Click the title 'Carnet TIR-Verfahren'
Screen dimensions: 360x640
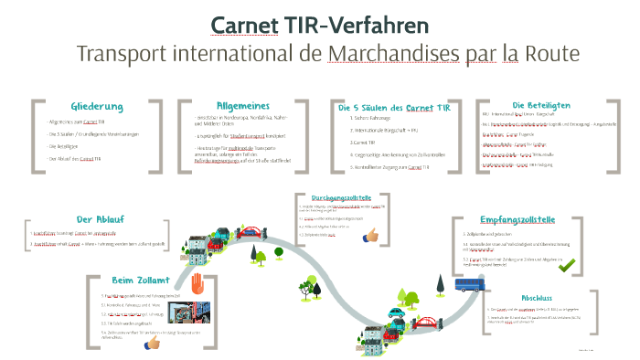[319, 25]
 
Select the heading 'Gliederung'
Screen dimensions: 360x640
[96, 107]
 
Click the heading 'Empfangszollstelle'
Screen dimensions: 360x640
[517, 220]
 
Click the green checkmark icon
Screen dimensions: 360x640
[567, 265]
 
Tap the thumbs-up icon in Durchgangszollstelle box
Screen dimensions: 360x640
[370, 235]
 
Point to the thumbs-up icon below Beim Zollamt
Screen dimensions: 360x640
[153, 344]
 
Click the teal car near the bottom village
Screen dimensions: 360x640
[395, 313]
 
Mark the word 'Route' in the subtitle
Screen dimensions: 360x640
[552, 53]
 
